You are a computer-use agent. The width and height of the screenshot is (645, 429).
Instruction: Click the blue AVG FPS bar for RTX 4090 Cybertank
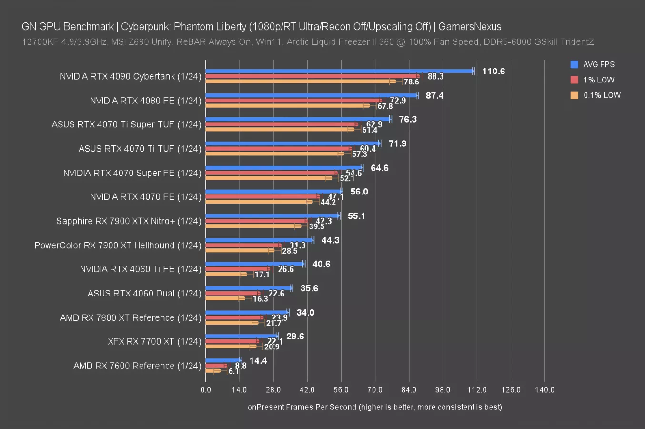coord(339,71)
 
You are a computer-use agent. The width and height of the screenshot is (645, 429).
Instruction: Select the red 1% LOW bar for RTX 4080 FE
coord(293,101)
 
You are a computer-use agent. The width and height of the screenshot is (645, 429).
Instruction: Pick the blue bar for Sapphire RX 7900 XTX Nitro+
coord(272,216)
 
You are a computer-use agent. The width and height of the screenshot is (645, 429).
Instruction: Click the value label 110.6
coord(494,71)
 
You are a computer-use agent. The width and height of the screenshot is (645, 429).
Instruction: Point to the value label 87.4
coord(434,95)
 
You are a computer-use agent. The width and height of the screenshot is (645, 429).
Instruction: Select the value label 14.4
coord(258,361)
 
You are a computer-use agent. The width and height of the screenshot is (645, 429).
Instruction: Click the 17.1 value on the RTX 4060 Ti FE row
coord(262,275)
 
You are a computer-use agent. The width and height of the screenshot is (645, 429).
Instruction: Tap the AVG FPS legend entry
coord(598,64)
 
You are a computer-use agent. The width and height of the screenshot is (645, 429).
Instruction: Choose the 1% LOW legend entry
coord(598,80)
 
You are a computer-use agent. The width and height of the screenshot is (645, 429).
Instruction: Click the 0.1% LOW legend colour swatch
coord(574,95)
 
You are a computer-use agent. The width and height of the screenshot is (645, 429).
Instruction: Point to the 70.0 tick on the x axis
coord(375,389)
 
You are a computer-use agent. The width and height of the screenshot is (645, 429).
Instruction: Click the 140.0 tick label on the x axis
coord(544,389)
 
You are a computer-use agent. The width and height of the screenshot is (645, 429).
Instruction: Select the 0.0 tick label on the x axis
coord(206,389)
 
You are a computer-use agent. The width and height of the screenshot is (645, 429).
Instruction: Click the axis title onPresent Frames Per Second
coord(374,407)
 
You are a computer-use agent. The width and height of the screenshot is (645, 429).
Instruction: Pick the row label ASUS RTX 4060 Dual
coord(144,293)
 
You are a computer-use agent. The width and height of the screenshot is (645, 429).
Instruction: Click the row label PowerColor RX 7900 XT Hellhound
coord(118,245)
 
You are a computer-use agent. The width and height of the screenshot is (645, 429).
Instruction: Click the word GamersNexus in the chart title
coord(470,27)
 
